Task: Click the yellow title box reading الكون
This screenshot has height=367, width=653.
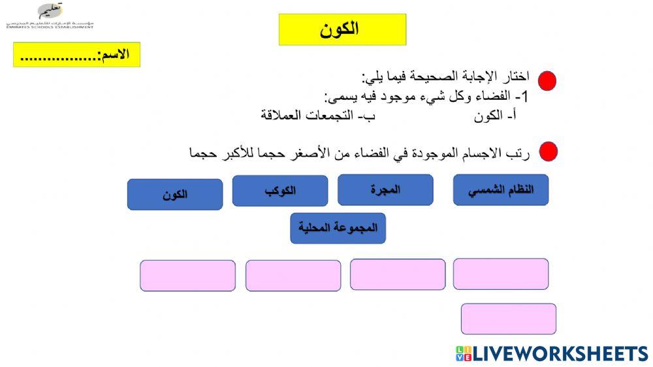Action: tap(342, 29)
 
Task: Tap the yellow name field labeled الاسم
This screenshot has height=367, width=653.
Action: tap(76, 55)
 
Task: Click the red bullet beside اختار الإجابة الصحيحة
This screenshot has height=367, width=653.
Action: tap(547, 81)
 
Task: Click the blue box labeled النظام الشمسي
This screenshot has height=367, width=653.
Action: tap(501, 190)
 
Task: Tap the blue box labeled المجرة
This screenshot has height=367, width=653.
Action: tap(385, 190)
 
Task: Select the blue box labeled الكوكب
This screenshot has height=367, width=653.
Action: tap(279, 191)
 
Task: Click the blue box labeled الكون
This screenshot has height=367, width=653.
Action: tap(174, 195)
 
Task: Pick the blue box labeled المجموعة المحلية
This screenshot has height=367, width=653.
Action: tap(338, 228)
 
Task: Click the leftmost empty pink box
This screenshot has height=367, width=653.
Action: tap(187, 276)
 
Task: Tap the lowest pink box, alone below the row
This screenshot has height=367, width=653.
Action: tap(508, 319)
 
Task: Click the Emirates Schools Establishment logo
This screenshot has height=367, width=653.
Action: tap(50, 16)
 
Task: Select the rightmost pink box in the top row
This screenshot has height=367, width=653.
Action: tap(501, 274)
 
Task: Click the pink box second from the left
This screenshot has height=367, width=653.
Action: tap(293, 276)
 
